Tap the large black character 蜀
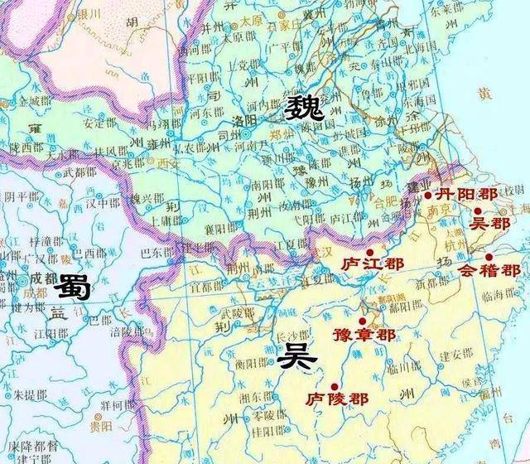(75, 289)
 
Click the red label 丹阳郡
(466, 196)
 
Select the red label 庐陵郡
(335, 399)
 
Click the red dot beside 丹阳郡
(427, 196)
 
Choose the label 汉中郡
(104, 201)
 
